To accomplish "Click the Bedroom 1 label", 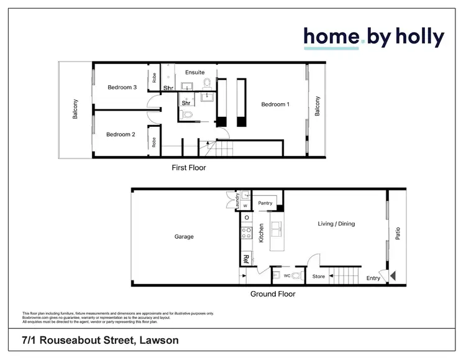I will click(275, 104).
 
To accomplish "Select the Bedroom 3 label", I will click(122, 88).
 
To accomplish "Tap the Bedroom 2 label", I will click(121, 134).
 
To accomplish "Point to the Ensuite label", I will click(195, 73).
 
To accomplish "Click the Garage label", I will click(184, 236).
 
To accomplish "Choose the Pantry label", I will click(265, 203).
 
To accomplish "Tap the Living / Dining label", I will click(336, 224).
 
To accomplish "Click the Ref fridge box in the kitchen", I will click(246, 258).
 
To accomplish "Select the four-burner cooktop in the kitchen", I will click(246, 234).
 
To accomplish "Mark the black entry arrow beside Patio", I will click(391, 274).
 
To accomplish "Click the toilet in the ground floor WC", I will click(296, 275).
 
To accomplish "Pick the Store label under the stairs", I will click(318, 277).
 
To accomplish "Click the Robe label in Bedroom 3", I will click(153, 78).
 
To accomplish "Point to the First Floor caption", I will click(189, 168).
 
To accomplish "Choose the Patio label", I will click(397, 233).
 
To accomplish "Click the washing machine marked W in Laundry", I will click(245, 206).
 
